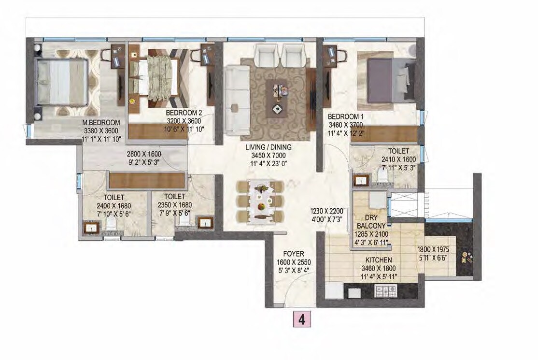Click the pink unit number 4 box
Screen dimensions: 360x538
[301, 319]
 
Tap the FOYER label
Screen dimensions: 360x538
[293, 253]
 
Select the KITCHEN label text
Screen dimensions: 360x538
[378, 260]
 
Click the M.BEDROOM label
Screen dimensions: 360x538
[100, 123]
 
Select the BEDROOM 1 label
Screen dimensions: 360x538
[345, 116]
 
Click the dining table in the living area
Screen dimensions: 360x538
[261, 202]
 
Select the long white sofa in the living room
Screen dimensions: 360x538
[236, 100]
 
